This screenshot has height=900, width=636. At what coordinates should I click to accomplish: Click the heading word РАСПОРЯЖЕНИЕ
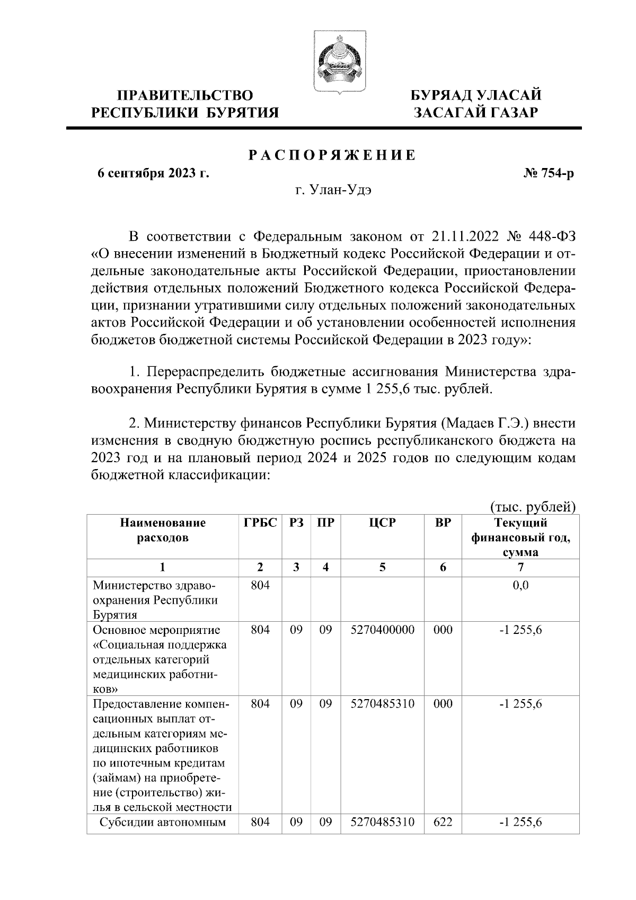pos(332,156)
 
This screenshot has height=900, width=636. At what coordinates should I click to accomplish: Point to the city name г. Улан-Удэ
pos(333,190)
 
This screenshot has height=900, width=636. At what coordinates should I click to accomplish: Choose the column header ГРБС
pos(260,524)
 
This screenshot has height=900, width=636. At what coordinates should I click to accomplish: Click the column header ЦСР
pos(382,524)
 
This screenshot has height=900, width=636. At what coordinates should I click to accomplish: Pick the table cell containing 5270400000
pos(382,630)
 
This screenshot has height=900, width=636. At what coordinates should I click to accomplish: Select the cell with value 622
pos(443,823)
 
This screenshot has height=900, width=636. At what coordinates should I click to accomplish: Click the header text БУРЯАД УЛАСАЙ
pos(476,96)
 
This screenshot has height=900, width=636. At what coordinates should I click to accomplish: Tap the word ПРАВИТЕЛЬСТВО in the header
pos(185,96)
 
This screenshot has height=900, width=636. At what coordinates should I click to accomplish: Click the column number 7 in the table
pos(520,568)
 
